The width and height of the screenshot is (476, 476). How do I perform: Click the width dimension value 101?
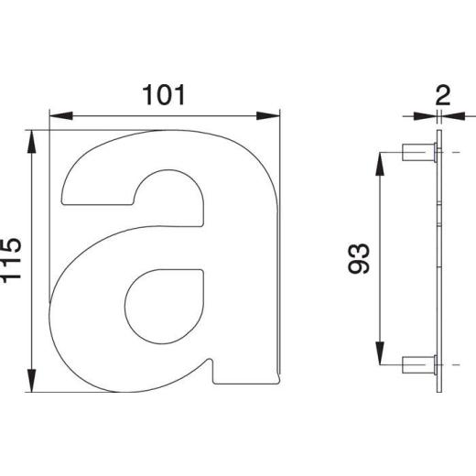point(164,95)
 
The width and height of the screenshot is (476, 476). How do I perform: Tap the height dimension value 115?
point(11,260)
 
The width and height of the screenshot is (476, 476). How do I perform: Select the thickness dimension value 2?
point(443,95)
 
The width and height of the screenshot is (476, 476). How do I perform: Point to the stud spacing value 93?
point(359,258)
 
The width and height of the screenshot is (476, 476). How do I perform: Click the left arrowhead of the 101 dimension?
point(61,116)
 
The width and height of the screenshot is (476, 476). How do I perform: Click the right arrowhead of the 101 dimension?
point(268,116)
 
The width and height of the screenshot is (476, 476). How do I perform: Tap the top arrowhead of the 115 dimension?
point(32,142)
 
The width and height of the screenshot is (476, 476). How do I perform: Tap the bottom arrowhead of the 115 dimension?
point(32,380)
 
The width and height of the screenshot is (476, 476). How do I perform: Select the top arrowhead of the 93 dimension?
point(380,164)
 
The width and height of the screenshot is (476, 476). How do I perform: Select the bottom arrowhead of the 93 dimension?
point(380,353)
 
